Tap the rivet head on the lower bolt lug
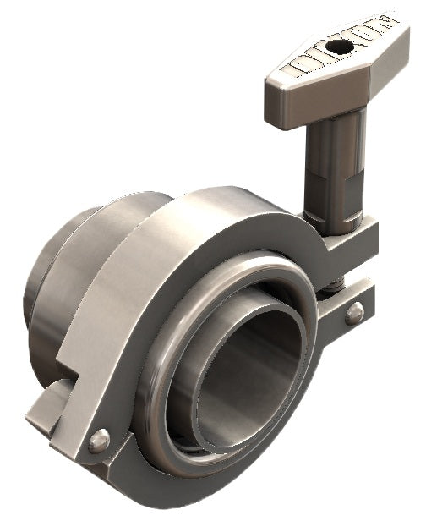356,312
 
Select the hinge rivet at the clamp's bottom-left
99,440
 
